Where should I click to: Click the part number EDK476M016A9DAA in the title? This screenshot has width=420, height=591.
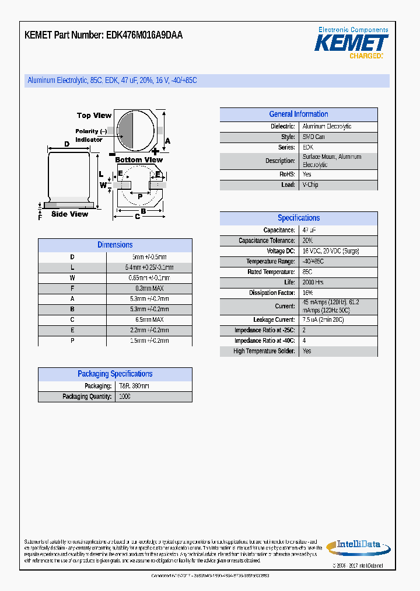[x=145, y=35]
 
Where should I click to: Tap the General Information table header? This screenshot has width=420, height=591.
[x=298, y=114]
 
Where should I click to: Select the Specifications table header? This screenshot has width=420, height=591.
[x=298, y=218]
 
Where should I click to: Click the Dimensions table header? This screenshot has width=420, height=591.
[x=115, y=245]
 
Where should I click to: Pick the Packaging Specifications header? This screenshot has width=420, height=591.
[x=115, y=374]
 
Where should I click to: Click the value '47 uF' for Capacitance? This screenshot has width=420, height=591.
[x=309, y=230]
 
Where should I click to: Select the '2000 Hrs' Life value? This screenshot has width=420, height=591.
[x=313, y=283]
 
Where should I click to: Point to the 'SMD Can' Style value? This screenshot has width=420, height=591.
[x=314, y=137]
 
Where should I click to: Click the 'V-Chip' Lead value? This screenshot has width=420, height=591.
[x=310, y=185]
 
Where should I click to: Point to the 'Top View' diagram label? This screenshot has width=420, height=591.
[x=94, y=116]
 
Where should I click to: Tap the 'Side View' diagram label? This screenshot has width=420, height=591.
[x=69, y=214]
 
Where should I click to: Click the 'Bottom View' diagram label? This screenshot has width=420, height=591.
[x=139, y=160]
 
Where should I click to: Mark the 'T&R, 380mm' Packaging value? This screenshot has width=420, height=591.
[x=134, y=386]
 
